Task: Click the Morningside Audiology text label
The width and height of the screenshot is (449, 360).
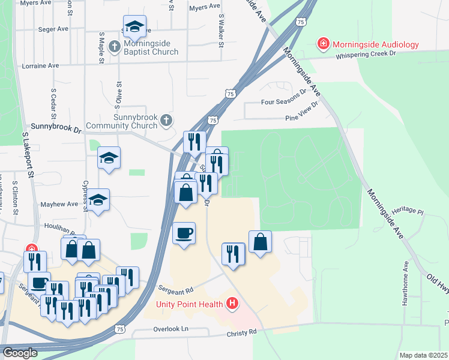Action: (x=375, y=44)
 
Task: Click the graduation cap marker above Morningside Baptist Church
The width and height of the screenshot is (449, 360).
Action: (x=134, y=26)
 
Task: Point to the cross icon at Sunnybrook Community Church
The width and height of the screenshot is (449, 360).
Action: (x=167, y=122)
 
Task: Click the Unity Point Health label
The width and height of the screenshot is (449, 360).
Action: (x=189, y=304)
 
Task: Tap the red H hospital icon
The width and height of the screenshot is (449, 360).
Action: (x=232, y=304)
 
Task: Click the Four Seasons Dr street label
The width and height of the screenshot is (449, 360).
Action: (x=283, y=103)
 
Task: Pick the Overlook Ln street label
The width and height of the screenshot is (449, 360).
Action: (x=170, y=329)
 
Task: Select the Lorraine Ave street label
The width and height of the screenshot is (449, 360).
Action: (x=41, y=65)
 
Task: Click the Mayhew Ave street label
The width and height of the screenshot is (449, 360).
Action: (x=59, y=205)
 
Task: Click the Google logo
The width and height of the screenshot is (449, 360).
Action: (x=20, y=353)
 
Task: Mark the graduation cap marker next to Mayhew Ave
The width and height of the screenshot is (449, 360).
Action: (x=100, y=200)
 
